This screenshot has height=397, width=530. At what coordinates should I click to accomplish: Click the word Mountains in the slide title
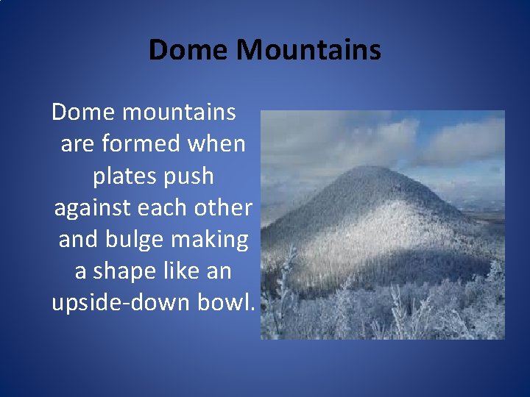click(310, 50)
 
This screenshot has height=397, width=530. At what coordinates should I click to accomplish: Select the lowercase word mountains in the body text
click(179, 112)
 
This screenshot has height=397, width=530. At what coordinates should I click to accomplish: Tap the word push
click(188, 176)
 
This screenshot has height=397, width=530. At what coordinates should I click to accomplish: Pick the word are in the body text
click(77, 144)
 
